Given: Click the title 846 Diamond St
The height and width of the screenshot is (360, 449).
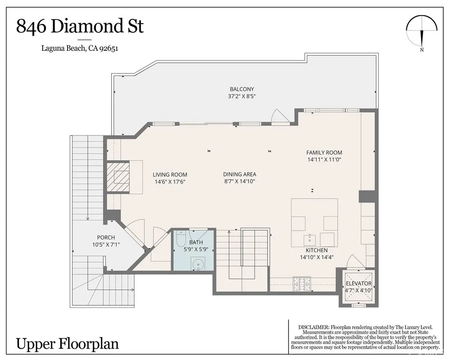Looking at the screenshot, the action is click(80, 26).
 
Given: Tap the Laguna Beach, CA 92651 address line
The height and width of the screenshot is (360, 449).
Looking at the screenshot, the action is click(80, 48).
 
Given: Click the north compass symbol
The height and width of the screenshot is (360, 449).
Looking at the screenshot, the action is click(422, 34).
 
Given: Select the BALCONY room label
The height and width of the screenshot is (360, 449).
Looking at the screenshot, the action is click(242, 89).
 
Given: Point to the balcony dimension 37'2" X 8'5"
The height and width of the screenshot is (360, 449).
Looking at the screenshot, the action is click(242, 97).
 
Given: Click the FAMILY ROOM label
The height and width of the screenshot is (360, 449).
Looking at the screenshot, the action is click(324, 152).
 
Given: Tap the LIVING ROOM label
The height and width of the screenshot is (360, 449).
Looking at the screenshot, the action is click(170, 175).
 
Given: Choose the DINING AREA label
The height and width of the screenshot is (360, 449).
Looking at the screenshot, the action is click(239, 174).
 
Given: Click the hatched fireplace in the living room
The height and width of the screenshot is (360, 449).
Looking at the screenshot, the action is click(118, 177).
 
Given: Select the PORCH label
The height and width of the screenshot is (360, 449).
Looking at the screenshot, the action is click(106, 238).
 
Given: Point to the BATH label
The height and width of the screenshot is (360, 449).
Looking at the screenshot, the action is click(196, 243).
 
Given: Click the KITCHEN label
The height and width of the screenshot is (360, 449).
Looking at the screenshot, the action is click(317, 250).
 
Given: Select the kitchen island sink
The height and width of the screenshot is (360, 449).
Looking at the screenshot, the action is click(310, 238).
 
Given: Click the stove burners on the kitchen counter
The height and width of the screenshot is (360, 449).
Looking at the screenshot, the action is click(301, 284).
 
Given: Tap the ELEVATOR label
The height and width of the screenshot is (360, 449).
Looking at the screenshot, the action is click(358, 283).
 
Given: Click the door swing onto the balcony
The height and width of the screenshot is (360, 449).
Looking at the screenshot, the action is click(279, 117).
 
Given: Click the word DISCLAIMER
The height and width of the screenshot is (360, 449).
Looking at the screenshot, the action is click(313, 327).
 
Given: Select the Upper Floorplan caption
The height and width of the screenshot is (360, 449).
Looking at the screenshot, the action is click(67, 344).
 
